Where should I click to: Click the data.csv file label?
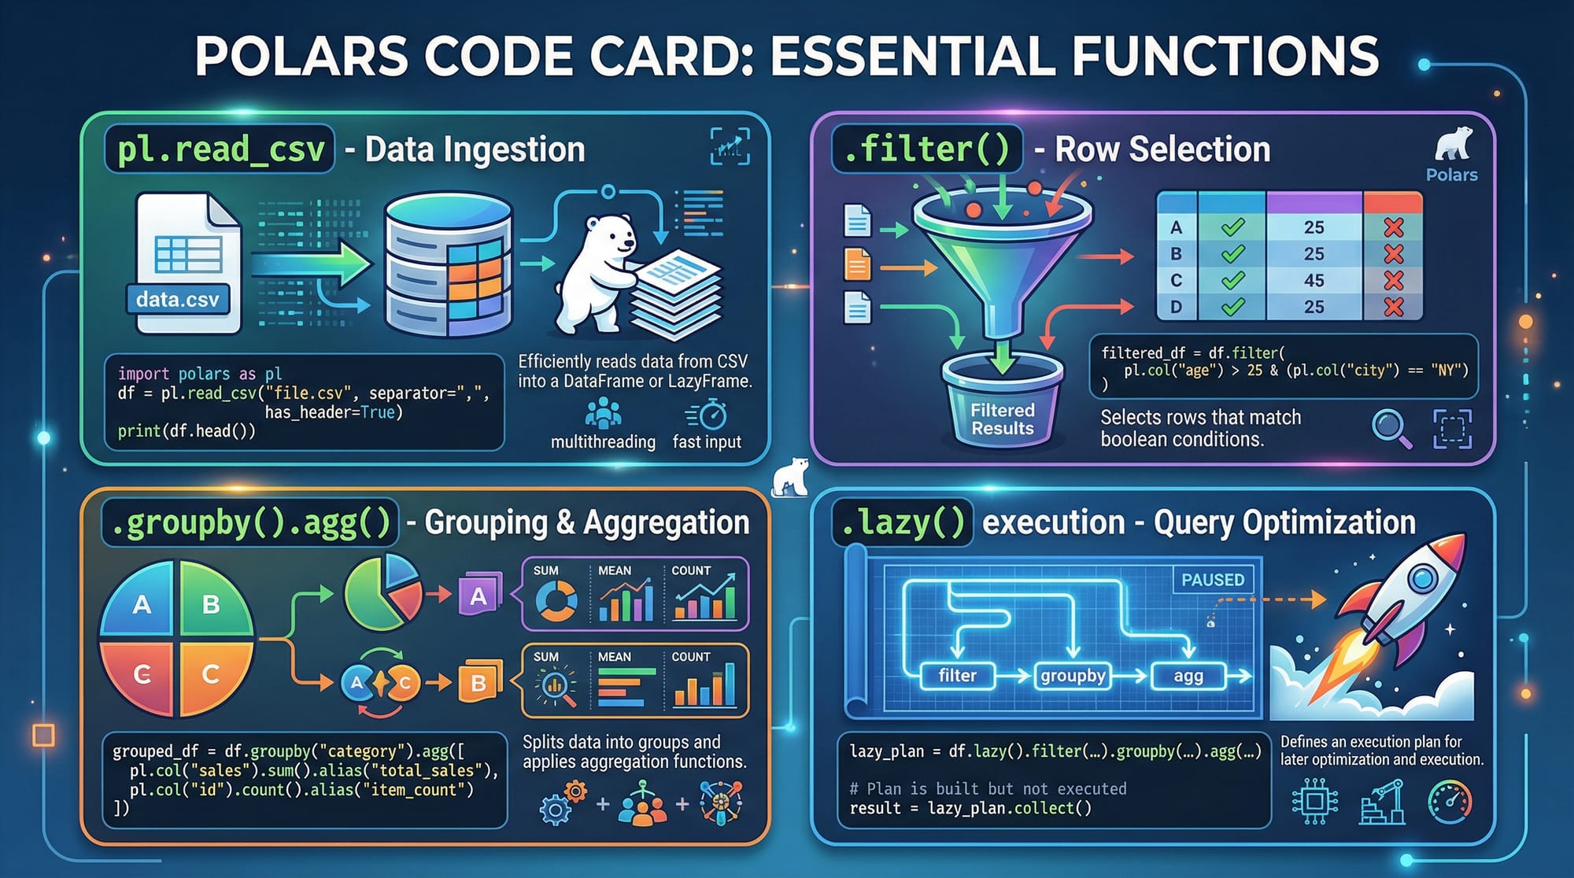point(178,300)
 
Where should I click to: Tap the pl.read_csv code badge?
point(220,149)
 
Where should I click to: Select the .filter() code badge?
point(926,149)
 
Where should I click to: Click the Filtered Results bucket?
point(1002,409)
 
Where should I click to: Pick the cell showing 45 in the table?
point(1314,280)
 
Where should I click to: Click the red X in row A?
point(1393,227)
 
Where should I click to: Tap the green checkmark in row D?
point(1232,307)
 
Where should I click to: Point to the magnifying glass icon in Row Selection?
point(1391,428)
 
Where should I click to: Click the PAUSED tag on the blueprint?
point(1213,580)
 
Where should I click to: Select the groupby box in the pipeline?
point(1073,676)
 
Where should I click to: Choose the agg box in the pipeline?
point(1188,676)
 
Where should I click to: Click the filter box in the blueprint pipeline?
point(957,676)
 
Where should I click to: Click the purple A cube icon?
point(478,596)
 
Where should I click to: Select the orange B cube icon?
point(478,682)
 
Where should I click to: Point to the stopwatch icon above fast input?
point(711,414)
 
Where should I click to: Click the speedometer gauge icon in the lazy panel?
point(1449,802)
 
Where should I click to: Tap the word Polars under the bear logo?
point(1451,175)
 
